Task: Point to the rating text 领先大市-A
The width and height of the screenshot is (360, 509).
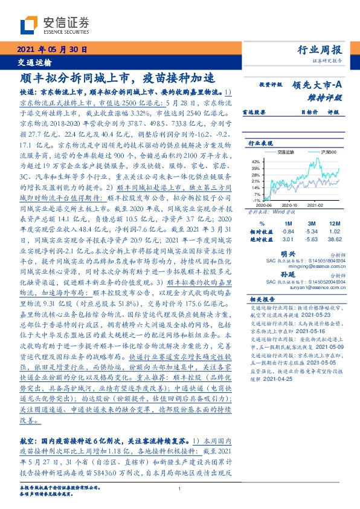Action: click(x=319, y=85)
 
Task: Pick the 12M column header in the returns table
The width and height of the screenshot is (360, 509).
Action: click(x=333, y=224)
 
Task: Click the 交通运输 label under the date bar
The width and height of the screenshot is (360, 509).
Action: click(x=34, y=62)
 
